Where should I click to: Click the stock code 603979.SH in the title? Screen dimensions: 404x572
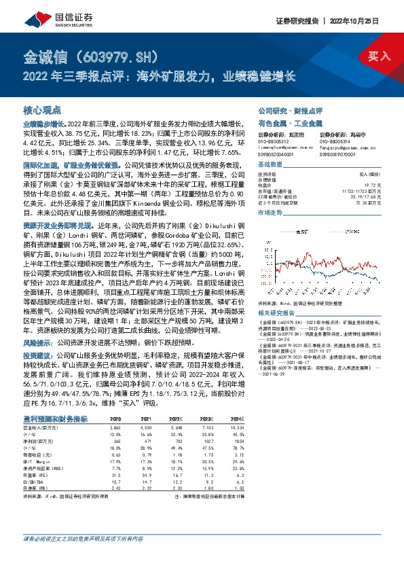pos(112,54)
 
